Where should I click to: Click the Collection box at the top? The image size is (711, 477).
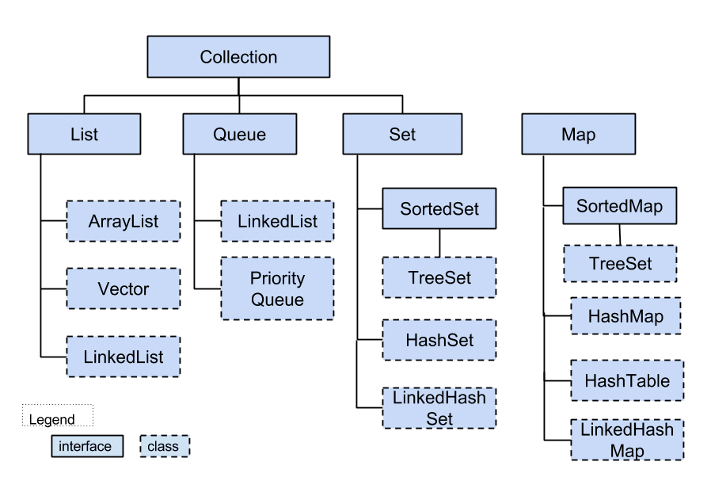(238, 57)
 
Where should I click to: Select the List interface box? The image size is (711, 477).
(84, 134)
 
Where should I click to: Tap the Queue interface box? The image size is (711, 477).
(239, 134)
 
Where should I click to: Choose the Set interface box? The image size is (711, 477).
(402, 134)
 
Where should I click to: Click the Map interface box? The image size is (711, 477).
(578, 134)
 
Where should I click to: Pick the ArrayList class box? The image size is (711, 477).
(123, 221)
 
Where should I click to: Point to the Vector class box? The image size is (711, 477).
(123, 288)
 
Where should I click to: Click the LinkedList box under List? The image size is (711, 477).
(123, 357)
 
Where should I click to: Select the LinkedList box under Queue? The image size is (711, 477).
(277, 221)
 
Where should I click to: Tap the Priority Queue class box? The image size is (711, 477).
(277, 288)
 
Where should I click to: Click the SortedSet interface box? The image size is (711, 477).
(439, 209)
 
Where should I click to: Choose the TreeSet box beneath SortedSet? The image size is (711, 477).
(439, 278)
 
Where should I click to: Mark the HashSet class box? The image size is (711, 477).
(439, 341)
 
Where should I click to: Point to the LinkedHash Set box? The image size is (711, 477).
(439, 408)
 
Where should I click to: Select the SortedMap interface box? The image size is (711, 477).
(619, 207)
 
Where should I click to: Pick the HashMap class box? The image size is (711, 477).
(625, 316)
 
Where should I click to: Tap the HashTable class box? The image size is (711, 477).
(626, 380)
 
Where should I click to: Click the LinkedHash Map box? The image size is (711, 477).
(626, 440)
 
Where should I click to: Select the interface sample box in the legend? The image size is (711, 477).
(87, 446)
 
